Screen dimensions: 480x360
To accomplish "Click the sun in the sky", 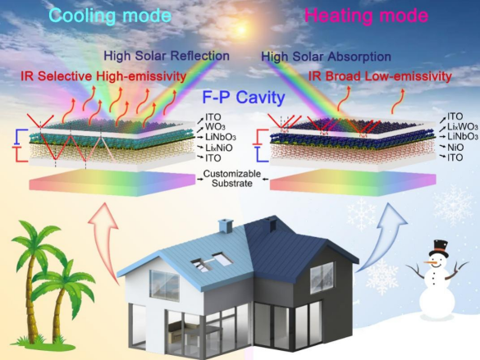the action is [241, 30].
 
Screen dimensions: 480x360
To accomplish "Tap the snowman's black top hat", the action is [439, 248].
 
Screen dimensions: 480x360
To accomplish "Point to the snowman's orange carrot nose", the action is [429, 262].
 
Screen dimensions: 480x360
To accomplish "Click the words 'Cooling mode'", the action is [110, 16].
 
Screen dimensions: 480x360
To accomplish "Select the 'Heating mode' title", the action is [366, 16].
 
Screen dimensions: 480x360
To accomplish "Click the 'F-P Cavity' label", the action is [244, 98].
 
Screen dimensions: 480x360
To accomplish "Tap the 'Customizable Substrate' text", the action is [232, 179].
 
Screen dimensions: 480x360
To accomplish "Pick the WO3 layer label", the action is [216, 126].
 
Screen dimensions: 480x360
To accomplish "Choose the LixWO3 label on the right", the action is [463, 126].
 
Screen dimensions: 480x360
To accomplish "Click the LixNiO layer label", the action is [219, 148].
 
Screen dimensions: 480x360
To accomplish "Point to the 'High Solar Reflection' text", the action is [167, 56].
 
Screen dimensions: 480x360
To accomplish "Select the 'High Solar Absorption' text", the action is [326, 57].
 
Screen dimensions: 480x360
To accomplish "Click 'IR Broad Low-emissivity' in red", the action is [380, 76].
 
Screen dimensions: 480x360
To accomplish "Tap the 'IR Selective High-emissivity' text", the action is [103, 76].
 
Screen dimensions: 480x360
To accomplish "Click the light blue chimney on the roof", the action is [226, 226].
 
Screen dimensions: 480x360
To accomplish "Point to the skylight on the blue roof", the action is [212, 262].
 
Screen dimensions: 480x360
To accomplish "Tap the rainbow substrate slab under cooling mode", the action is [112, 183].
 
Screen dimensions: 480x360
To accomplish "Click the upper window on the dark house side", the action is [322, 278].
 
